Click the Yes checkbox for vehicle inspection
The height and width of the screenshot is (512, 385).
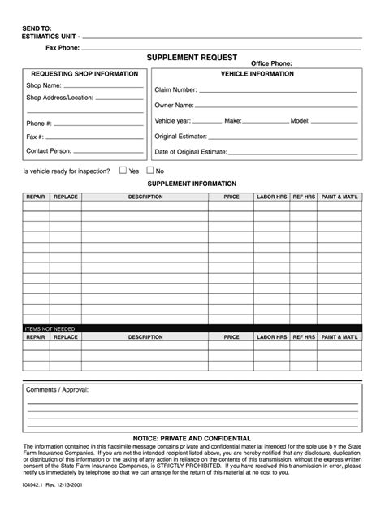pyautogui.click(x=123, y=171)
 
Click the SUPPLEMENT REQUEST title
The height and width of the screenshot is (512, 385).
pyautogui.click(x=192, y=58)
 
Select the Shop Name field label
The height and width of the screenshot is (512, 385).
pyautogui.click(x=44, y=85)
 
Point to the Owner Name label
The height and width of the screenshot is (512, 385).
pyautogui.click(x=174, y=105)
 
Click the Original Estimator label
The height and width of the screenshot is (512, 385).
pyautogui.click(x=180, y=136)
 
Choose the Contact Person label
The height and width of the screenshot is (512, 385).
pyautogui.click(x=49, y=150)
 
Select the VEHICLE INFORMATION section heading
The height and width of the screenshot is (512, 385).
pyautogui.click(x=257, y=74)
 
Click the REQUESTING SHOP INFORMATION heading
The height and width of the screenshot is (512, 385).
pyautogui.click(x=84, y=74)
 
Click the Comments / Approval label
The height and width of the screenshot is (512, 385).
pyautogui.click(x=57, y=389)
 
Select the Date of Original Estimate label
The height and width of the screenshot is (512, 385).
pyautogui.click(x=191, y=151)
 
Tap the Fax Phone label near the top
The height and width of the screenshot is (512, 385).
pyautogui.click(x=62, y=48)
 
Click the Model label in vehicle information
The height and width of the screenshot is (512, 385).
pyautogui.click(x=299, y=120)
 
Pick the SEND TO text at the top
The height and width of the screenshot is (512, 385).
pyautogui.click(x=36, y=28)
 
